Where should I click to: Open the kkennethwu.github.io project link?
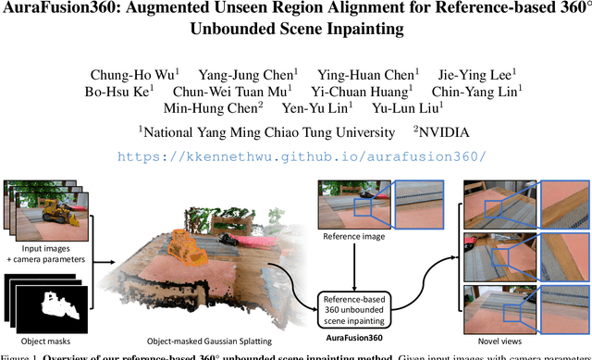click(296, 155)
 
